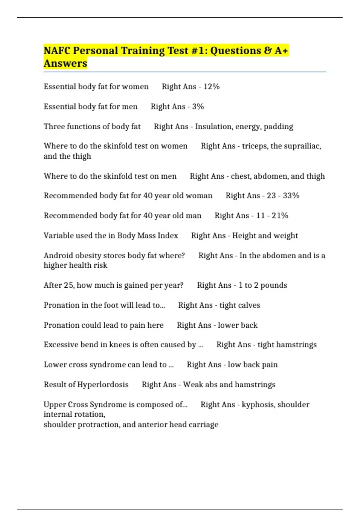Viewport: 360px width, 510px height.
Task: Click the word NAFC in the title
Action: (57, 51)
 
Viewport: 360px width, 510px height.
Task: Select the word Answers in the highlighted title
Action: (65, 64)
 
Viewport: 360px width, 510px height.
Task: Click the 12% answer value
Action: (211, 87)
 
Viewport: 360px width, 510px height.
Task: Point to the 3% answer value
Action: (198, 106)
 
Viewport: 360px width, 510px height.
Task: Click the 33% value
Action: (291, 196)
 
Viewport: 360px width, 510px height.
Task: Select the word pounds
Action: (274, 285)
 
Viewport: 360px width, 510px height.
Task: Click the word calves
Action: (249, 305)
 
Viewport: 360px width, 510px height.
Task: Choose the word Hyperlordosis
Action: (103, 385)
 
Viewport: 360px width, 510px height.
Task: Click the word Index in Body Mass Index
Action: (168, 235)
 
